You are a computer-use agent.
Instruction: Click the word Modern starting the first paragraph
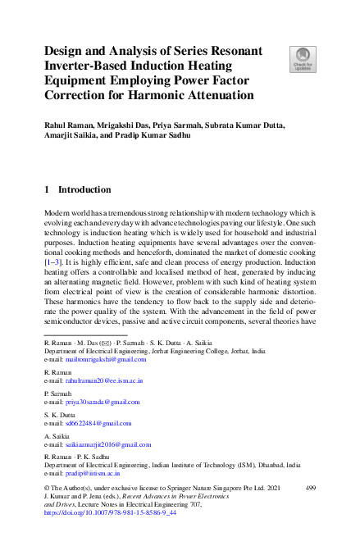(57, 212)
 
